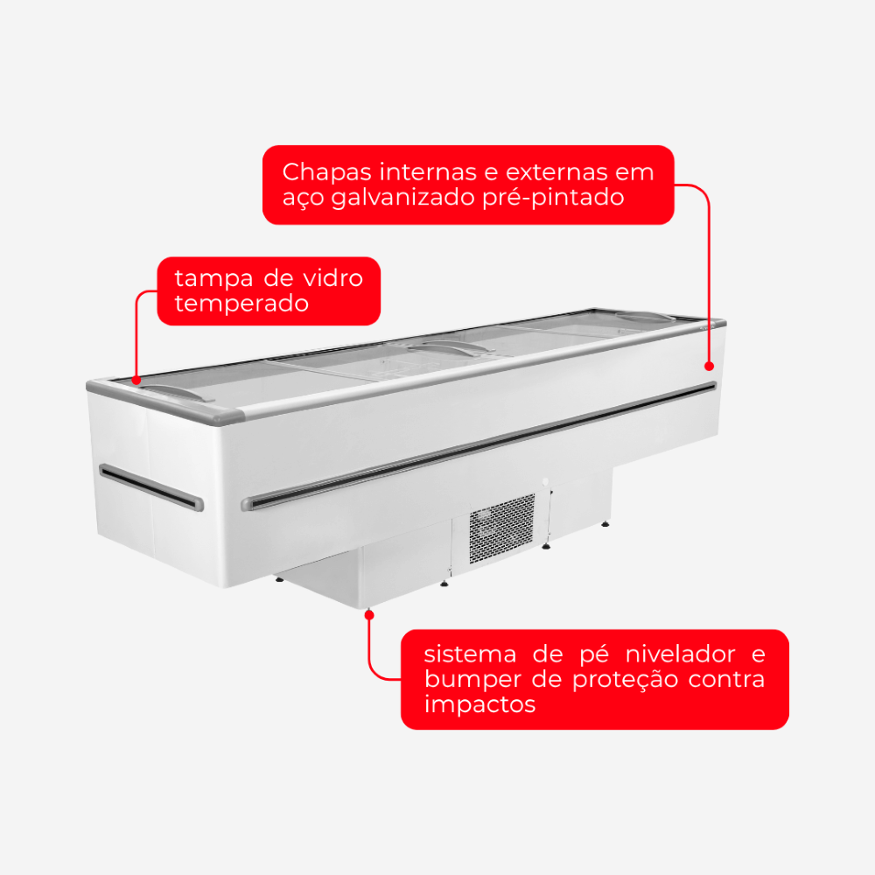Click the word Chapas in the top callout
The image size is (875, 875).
click(326, 172)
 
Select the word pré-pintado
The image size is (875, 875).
click(553, 198)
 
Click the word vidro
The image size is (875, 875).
click(332, 278)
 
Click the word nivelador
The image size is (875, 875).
click(680, 654)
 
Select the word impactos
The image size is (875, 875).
click(479, 705)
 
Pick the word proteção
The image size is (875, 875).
click(626, 680)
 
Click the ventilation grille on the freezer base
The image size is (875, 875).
click(501, 528)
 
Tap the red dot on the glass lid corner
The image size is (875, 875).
click(136, 381)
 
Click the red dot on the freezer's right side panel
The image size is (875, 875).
click(709, 366)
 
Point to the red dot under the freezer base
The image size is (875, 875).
click(369, 615)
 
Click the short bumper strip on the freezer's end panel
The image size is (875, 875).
click(151, 487)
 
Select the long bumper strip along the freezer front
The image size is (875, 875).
click(479, 446)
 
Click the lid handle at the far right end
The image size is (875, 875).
click(645, 317)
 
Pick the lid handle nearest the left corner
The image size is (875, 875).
click(175, 392)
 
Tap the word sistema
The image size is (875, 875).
click(470, 654)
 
